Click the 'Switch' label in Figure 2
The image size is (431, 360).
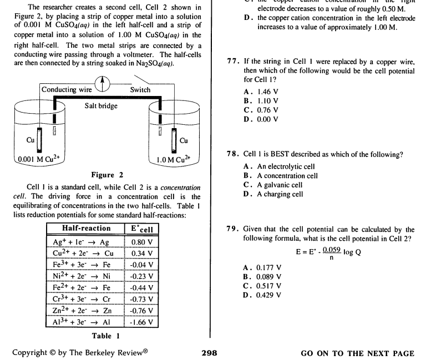point(140,90)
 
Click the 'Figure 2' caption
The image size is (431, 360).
point(103,175)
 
